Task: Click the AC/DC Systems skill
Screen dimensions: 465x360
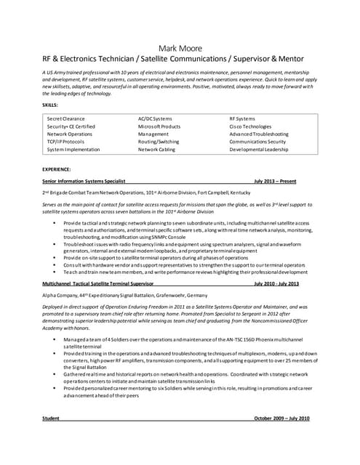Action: (x=155, y=118)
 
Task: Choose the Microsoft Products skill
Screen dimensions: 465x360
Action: (x=159, y=126)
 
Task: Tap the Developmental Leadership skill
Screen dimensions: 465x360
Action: (x=259, y=149)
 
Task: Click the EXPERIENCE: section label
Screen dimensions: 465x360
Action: (x=57, y=169)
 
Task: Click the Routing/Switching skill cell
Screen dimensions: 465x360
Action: (x=159, y=141)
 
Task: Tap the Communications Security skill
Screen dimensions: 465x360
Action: (x=257, y=141)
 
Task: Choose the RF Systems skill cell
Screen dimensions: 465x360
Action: (x=242, y=118)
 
